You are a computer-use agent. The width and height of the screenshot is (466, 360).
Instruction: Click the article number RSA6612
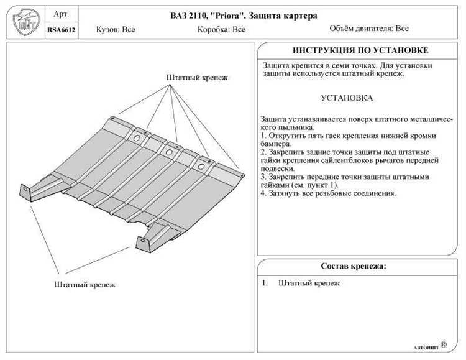click(62, 30)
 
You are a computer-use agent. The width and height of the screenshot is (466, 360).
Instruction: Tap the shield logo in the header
click(26, 22)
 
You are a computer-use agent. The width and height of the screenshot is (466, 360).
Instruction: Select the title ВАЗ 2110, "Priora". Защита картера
click(244, 16)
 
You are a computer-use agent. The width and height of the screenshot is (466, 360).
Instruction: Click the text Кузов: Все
click(116, 29)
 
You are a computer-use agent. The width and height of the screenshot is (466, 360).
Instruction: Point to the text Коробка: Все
click(221, 29)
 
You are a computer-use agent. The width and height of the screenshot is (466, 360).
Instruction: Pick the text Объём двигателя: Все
click(369, 29)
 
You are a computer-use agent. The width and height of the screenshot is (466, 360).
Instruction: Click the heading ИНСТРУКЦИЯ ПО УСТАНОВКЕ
click(360, 50)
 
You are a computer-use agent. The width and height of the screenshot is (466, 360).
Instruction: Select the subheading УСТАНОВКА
click(347, 98)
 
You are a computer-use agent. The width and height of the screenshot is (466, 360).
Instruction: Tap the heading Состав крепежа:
click(354, 265)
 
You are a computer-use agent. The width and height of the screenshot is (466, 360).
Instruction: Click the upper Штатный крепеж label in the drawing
click(197, 78)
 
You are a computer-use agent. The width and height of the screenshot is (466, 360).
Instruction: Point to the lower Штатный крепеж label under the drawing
click(85, 284)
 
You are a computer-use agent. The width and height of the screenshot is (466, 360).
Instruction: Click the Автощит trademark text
click(426, 348)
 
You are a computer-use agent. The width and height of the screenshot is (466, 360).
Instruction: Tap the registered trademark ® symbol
click(444, 344)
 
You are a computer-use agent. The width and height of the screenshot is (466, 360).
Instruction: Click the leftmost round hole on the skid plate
click(137, 138)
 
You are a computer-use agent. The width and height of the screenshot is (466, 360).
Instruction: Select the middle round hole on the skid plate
click(169, 152)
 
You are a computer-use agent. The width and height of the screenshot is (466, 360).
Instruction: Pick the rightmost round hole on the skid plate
click(201, 167)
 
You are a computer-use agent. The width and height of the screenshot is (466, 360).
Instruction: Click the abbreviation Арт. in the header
click(62, 14)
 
